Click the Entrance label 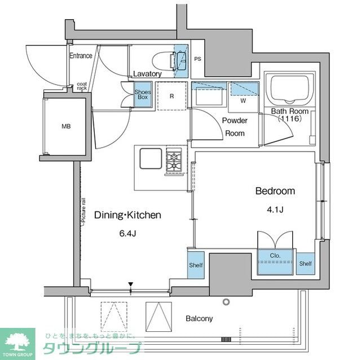[x=81, y=56]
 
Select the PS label [x=197, y=59]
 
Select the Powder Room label [x=235, y=127]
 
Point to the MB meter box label [x=66, y=126]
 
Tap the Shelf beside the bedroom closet [x=306, y=263]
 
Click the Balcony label [x=199, y=318]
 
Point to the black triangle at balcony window [x=130, y=285]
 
